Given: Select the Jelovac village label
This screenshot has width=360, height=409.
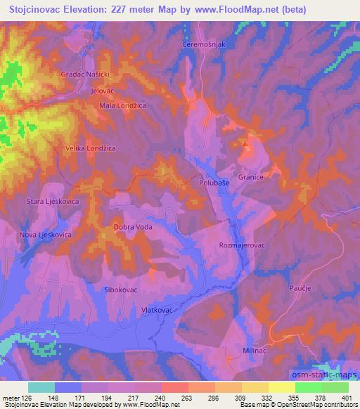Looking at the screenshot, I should [x=103, y=91].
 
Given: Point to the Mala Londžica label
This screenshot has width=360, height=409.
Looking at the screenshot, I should [x=122, y=106].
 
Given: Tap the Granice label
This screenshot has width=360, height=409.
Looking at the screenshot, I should [x=251, y=178].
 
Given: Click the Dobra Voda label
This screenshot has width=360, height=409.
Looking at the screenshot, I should [x=133, y=227].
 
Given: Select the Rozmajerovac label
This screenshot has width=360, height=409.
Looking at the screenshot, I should [x=240, y=245].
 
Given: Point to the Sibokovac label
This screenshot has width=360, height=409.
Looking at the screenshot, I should [x=120, y=288].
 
